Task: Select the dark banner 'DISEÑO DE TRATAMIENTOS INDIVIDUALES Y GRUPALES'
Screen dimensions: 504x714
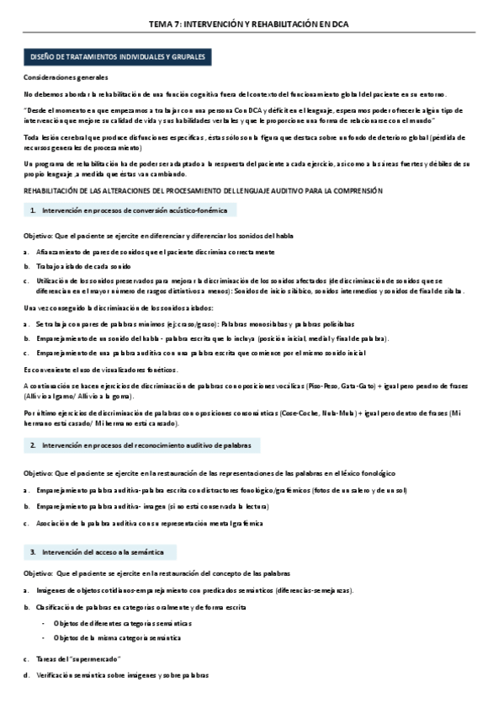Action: coord(118,57)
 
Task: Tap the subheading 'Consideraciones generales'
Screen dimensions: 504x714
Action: coord(66,77)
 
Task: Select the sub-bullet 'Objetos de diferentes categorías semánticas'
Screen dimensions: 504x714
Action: coord(121,623)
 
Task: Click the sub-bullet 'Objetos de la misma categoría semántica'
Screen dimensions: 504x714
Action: coord(116,638)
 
